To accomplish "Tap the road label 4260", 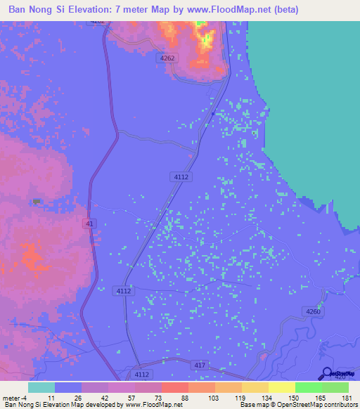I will click(x=314, y=311).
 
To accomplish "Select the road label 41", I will click(x=89, y=223).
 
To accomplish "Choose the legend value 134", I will click(x=268, y=398).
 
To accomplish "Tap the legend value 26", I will click(x=82, y=398).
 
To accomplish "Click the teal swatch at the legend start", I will click(x=41, y=387).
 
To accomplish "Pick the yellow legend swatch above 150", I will click(x=281, y=387).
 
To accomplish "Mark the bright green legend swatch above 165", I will click(x=308, y=387).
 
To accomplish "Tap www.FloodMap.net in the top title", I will click(x=233, y=10).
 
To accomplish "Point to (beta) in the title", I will click(x=286, y=10).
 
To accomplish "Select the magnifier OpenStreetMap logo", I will click(x=328, y=374).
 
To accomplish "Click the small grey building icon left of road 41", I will click(x=37, y=202).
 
